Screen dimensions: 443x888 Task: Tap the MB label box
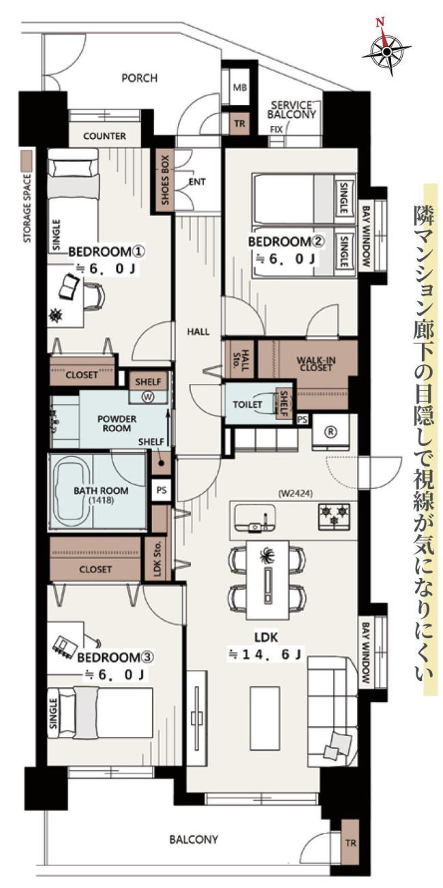[x=239, y=88]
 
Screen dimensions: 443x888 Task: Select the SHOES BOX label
[x=164, y=180]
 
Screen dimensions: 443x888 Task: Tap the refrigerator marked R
[x=330, y=432]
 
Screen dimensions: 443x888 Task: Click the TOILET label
[x=247, y=405]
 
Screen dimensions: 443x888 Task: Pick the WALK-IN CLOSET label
[x=316, y=364]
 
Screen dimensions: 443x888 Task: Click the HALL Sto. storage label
[x=242, y=359]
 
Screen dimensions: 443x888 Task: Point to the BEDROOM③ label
[x=115, y=658]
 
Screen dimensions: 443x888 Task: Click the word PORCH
[x=139, y=78]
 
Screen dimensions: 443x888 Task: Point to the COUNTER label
[x=105, y=136]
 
